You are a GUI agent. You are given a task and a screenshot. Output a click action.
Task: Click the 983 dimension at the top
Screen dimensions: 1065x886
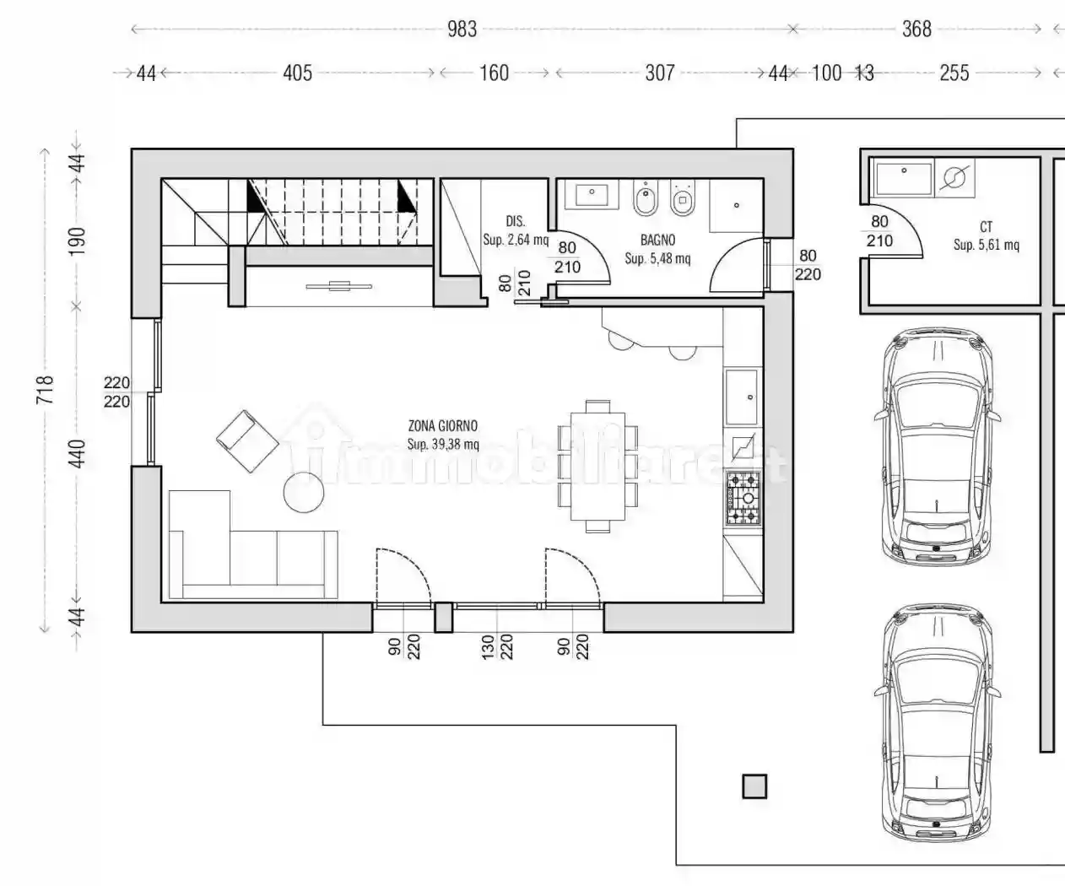click(462, 29)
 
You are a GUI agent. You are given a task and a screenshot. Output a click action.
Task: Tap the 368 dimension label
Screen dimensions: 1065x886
click(916, 29)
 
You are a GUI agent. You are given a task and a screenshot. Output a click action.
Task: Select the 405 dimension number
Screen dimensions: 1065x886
click(297, 73)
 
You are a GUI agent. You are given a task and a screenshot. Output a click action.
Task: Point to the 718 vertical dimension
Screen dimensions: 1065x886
click(45, 390)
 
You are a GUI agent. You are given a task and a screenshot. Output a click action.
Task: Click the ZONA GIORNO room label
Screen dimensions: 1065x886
click(443, 426)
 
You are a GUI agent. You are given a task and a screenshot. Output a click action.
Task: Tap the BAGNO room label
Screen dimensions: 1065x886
click(658, 240)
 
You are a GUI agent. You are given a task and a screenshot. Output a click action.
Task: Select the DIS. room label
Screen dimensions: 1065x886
click(515, 221)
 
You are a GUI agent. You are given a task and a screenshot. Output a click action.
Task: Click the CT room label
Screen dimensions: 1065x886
click(986, 226)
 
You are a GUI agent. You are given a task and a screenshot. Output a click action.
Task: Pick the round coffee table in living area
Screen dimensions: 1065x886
click(304, 492)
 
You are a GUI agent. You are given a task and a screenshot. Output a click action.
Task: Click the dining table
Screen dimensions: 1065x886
click(597, 467)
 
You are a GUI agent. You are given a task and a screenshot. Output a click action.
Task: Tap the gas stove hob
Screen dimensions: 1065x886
click(743, 499)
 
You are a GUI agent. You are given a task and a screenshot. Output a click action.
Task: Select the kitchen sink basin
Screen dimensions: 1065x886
click(742, 397)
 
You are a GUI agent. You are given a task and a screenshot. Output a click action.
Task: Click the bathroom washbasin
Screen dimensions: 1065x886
click(592, 194)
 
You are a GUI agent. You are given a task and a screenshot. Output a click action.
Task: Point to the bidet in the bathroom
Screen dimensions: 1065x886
click(646, 198)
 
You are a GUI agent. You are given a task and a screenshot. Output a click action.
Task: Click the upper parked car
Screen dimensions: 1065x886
click(937, 447)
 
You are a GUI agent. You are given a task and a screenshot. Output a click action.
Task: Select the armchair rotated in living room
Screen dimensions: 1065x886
click(247, 441)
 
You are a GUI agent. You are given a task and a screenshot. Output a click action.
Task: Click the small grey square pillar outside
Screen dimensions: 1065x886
click(754, 786)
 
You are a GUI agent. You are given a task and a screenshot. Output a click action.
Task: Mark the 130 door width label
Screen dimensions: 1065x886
click(488, 646)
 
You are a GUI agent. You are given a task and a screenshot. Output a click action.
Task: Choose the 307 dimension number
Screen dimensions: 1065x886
click(659, 73)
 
